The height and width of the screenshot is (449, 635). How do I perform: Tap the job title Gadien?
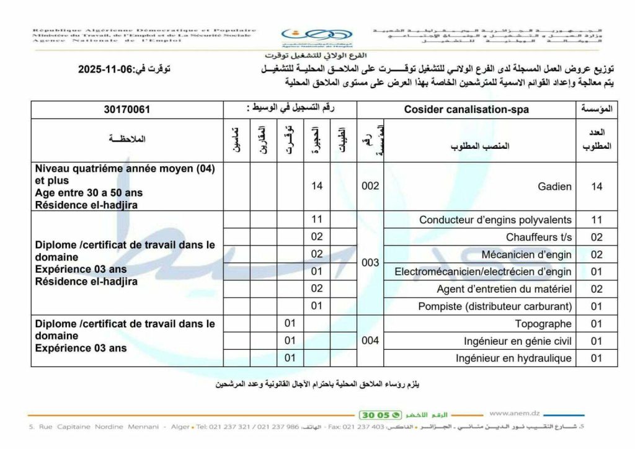(x=556, y=187)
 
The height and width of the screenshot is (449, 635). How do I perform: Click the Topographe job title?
(x=543, y=324)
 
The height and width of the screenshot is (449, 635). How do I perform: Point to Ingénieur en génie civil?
(x=518, y=341)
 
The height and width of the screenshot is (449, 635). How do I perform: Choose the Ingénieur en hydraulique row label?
(x=513, y=358)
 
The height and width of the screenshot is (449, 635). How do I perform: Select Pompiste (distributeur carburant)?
(x=494, y=306)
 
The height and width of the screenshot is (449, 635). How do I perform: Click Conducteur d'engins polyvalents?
(x=495, y=220)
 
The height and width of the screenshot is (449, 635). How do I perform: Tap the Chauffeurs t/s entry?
(x=538, y=237)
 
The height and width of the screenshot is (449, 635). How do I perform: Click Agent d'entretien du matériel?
(x=504, y=289)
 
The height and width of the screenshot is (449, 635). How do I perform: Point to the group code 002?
(x=370, y=186)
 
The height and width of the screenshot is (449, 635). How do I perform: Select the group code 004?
(x=370, y=340)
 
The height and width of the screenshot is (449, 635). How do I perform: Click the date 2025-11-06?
(x=110, y=70)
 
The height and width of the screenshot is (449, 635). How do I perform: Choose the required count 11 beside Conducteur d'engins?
(x=597, y=220)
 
